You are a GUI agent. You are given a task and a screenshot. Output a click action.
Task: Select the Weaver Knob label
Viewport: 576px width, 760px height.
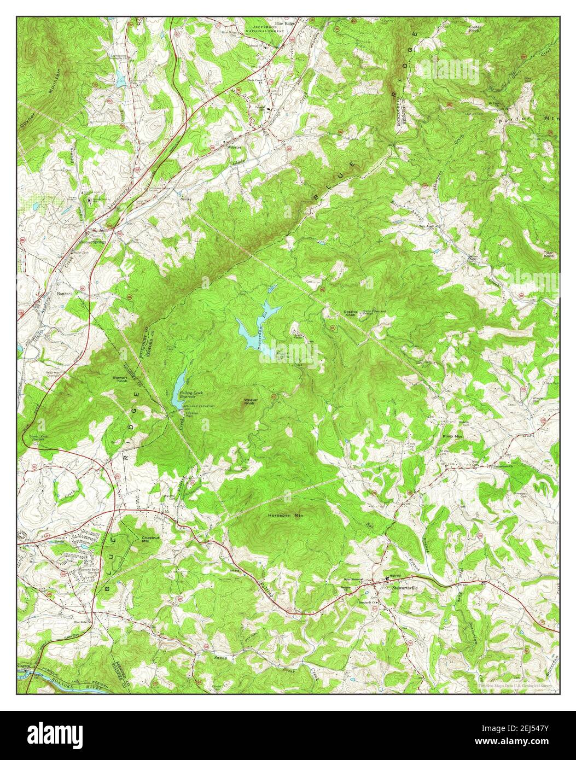[x=249, y=402]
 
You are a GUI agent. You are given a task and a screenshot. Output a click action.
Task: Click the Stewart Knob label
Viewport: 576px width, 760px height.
[x=119, y=378]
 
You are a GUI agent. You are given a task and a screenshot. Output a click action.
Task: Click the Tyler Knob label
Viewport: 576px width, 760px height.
[x=549, y=254]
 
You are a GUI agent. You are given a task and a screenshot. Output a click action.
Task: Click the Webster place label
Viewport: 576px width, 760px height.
[x=235, y=147]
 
